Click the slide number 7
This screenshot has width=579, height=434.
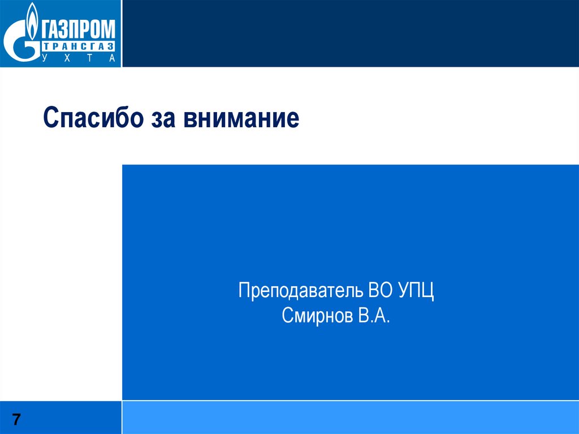point(17,419)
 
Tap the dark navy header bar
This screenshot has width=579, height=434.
point(351,33)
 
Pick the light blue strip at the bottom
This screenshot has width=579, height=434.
point(351,418)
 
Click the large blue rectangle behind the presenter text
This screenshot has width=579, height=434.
point(351,226)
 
